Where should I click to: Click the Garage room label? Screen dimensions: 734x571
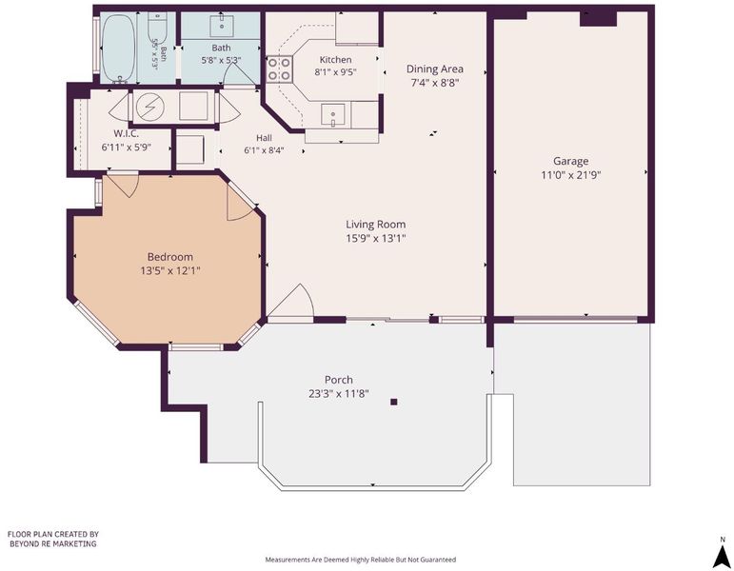570,162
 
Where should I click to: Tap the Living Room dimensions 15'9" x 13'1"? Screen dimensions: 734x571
375,238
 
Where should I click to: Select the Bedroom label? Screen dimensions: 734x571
169,257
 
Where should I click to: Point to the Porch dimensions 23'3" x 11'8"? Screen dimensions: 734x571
339,394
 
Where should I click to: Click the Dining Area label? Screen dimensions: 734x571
435,69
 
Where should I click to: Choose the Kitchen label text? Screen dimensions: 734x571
335,60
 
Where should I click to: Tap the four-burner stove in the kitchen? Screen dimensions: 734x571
280,69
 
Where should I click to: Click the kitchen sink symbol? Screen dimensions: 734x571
333,115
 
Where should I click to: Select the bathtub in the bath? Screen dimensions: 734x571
118,49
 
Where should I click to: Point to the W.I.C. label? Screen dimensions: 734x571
126,134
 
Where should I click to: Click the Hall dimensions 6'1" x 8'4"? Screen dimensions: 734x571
264,150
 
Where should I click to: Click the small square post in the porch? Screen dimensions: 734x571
394,402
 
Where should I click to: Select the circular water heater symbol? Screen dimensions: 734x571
149,107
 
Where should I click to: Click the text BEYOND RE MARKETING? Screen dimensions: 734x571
53,543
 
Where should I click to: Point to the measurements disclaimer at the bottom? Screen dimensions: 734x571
361,560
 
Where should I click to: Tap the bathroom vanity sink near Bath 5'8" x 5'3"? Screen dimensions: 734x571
222,27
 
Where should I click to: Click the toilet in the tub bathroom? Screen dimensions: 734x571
157,26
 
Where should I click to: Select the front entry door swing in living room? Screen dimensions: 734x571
290,301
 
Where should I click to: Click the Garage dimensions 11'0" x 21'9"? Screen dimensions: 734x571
570,175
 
